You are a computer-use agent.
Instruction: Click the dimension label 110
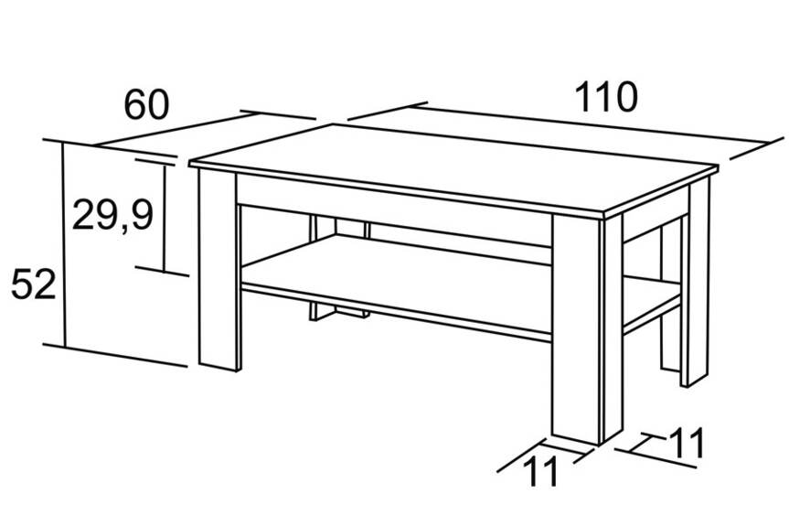tap(606, 97)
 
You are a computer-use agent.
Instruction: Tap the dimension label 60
tap(146, 105)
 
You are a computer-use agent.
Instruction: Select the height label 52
tap(33, 284)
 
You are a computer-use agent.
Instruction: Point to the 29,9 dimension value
tap(112, 214)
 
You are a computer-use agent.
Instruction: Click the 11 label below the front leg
tap(541, 472)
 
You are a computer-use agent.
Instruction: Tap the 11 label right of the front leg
tap(687, 443)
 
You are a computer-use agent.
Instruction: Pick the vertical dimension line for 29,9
tap(164, 218)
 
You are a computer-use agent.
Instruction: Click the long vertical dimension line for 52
tap(64, 245)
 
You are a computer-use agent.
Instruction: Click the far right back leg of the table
tap(695, 282)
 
